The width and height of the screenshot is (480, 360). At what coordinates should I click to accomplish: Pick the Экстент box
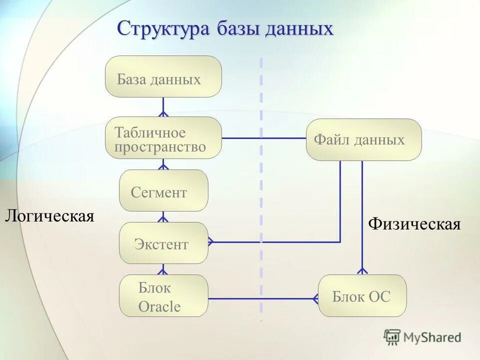pyautogui.click(x=163, y=243)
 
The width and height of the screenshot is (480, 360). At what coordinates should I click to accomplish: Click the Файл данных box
pyautogui.click(x=363, y=139)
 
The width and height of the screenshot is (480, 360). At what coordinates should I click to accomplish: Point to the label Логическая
pyautogui.click(x=49, y=216)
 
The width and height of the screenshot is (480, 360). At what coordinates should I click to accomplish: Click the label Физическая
pyautogui.click(x=414, y=224)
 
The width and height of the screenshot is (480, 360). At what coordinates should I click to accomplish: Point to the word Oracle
pyautogui.click(x=159, y=306)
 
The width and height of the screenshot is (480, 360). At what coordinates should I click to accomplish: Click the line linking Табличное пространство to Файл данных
pyautogui.click(x=263, y=138)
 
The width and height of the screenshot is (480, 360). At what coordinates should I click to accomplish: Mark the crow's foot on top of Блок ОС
pyautogui.click(x=362, y=270)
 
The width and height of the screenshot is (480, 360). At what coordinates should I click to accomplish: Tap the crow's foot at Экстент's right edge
pyautogui.click(x=211, y=242)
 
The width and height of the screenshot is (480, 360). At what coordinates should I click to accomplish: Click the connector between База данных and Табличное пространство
pyautogui.click(x=163, y=107)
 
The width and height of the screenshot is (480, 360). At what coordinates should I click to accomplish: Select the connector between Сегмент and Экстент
pyautogui.click(x=163, y=216)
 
